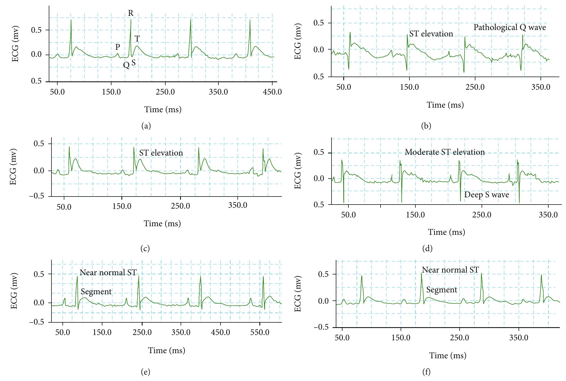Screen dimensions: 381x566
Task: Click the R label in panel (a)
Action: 131,13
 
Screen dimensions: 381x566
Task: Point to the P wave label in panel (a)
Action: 118,47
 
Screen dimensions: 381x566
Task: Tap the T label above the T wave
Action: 137,39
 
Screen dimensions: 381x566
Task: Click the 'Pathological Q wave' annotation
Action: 509,27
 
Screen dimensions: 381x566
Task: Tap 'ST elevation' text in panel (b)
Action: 431,34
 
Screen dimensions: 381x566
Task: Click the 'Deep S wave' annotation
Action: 486,195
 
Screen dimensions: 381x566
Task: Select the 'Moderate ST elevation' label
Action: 445,152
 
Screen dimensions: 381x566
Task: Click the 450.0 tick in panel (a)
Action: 272,92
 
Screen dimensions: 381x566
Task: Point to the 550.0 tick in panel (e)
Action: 260,333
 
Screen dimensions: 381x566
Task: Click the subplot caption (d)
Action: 427,248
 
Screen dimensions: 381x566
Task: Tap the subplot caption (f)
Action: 426,372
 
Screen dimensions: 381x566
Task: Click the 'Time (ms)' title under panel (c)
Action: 162,224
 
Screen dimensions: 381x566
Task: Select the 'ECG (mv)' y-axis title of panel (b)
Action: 298,42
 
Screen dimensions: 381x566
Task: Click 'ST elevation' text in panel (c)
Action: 161,153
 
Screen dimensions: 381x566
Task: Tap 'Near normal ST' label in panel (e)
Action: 108,273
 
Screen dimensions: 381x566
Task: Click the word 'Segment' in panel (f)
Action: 441,290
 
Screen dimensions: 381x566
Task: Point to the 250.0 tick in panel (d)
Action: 482,215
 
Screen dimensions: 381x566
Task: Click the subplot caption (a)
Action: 146,126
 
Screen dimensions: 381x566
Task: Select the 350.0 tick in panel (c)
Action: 238,206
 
